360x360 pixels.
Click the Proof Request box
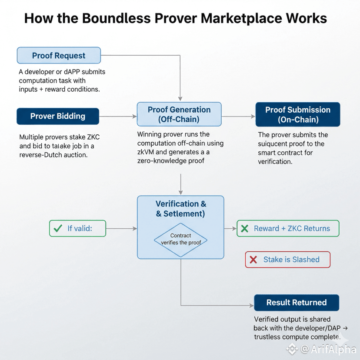pos(59,56)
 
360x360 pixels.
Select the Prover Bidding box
pos(58,116)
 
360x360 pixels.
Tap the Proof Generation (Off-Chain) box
pos(179,114)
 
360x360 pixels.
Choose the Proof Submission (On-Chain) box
pos(298,114)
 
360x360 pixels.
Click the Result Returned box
pos(297,303)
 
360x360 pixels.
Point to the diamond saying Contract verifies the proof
pos(181,239)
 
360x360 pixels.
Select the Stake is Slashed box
pos(288,260)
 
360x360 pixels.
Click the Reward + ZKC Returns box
pos(288,228)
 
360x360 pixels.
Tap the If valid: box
pos(78,228)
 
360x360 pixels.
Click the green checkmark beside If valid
pos(57,228)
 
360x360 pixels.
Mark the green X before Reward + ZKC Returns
pos(244,229)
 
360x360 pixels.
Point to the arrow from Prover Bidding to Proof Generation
pos(118,117)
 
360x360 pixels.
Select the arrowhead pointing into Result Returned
pos(252,304)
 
